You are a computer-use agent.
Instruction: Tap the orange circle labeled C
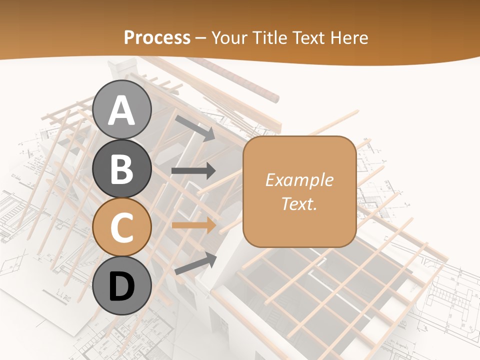tap(122, 227)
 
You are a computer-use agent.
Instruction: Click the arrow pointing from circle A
tap(195, 127)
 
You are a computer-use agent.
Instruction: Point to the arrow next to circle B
tap(193, 171)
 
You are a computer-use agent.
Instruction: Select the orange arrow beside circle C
tap(193, 225)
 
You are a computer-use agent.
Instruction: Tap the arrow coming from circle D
tap(195, 263)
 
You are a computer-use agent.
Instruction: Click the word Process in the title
tap(157, 37)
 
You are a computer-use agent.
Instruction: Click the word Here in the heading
tap(348, 37)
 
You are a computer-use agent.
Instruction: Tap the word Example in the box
tap(299, 180)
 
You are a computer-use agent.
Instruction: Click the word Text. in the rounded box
tap(299, 203)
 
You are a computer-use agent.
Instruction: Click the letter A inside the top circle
tap(122, 110)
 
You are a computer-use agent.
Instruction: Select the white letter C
tap(122, 227)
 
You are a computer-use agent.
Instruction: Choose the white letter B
tap(122, 169)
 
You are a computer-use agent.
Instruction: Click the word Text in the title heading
tap(309, 37)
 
